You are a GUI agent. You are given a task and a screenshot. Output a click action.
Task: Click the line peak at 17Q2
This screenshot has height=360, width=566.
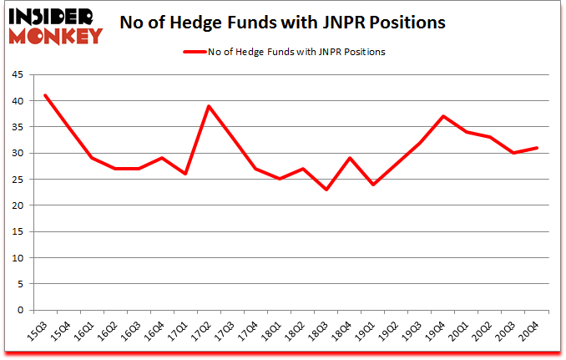[209, 106]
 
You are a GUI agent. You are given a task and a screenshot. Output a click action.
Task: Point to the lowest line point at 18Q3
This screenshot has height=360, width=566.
[326, 190]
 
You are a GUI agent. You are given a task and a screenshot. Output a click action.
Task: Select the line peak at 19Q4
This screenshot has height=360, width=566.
[443, 116]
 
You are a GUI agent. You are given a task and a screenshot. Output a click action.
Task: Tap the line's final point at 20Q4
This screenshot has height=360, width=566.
[537, 148]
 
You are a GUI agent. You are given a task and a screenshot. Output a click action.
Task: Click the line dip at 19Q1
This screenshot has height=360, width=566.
[373, 185]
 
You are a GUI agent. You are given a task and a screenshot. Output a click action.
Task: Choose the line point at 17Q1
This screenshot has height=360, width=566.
[185, 174]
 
